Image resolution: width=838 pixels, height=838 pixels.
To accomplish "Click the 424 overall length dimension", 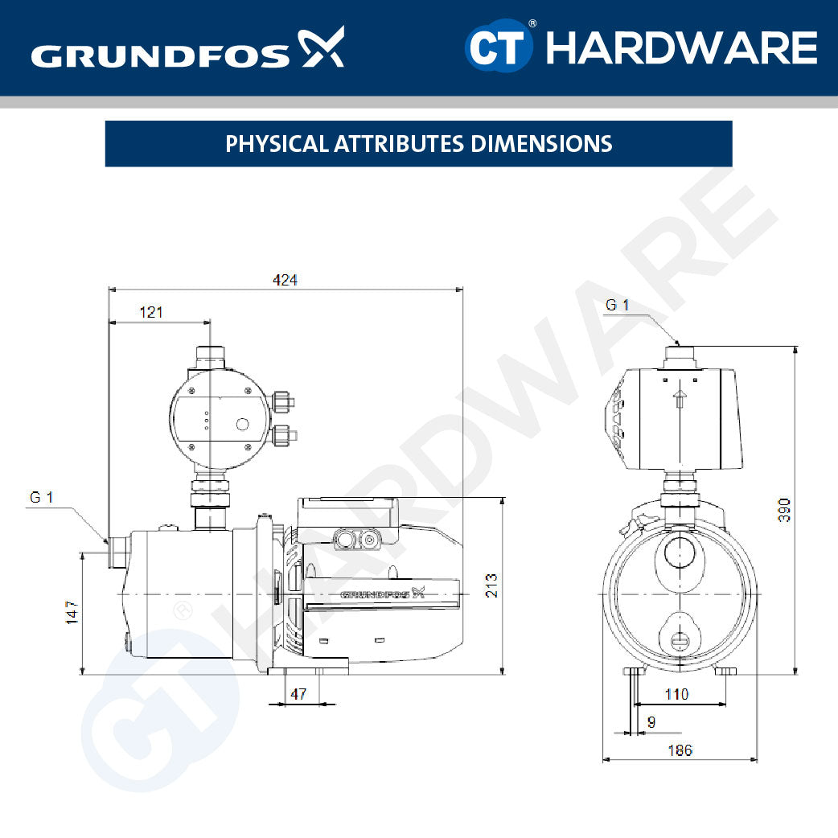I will click(285, 280).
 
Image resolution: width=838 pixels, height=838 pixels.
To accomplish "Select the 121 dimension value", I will click(150, 312).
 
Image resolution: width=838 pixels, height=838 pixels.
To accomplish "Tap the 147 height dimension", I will click(72, 613).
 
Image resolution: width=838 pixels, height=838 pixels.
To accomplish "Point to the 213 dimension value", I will click(491, 585).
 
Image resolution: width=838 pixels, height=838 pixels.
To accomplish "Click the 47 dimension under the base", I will click(298, 694).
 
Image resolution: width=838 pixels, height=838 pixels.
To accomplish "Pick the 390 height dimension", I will click(785, 510).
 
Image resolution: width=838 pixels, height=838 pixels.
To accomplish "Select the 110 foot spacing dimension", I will click(677, 694).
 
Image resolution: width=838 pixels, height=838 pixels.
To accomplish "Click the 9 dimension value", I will click(651, 722).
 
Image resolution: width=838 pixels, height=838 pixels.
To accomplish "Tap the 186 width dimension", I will click(680, 750).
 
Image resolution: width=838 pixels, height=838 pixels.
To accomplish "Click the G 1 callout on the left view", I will click(42, 498).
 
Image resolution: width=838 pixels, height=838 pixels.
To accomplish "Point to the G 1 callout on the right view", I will click(617, 305).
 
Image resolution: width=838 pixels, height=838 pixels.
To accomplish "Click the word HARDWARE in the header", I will click(681, 48).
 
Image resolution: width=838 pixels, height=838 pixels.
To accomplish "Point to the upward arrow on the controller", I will click(680, 398).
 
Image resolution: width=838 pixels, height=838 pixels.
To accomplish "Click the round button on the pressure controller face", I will click(241, 425).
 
